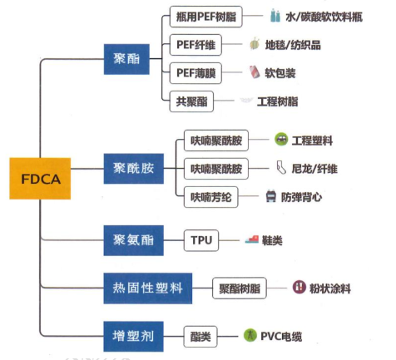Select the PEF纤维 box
point(195,43)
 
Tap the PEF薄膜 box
point(195,72)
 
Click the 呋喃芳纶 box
point(216,197)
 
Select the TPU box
point(200,240)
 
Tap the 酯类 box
point(200,336)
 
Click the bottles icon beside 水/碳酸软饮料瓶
point(275,16)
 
